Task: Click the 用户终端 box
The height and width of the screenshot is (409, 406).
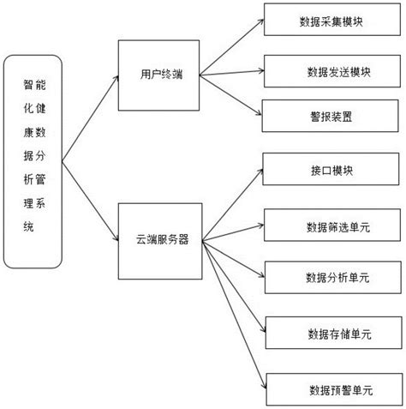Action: pyautogui.click(x=158, y=75)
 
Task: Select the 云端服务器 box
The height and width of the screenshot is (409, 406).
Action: pyautogui.click(x=158, y=240)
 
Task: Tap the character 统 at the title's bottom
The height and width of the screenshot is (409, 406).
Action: pyautogui.click(x=28, y=226)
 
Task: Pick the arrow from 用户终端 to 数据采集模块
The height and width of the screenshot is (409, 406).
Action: pyautogui.click(x=230, y=46)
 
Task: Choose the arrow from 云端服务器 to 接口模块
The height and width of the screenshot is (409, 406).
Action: pyautogui.click(x=230, y=206)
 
